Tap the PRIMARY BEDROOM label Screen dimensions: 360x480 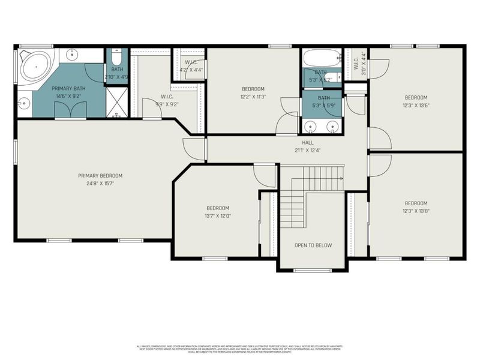[x=100, y=176]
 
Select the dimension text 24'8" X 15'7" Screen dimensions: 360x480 [x=100, y=183]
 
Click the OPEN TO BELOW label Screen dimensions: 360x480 [x=313, y=245]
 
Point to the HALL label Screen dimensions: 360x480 [x=308, y=142]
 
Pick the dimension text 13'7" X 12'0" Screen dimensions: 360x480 [x=218, y=215]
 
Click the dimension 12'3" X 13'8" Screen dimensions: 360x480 [x=416, y=211]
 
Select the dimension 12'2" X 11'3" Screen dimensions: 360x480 [x=253, y=96]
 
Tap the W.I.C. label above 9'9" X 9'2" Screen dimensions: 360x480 [x=167, y=96]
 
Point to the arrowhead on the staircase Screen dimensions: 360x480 [x=341, y=178]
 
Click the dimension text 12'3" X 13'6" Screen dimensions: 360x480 [x=416, y=105]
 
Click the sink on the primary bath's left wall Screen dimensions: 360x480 [x=23, y=103]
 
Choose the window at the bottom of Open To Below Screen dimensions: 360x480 [x=312, y=270]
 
